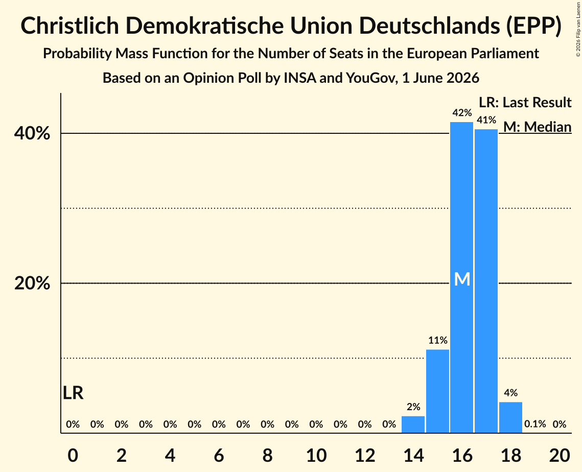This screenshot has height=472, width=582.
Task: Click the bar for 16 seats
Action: click(462, 277)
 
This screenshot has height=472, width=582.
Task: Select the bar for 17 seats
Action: click(486, 281)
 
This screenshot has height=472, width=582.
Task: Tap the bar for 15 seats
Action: click(437, 391)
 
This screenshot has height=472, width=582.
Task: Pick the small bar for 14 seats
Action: click(413, 424)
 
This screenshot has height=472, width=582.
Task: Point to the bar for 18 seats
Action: click(511, 417)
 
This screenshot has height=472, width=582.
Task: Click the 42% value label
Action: click(462, 113)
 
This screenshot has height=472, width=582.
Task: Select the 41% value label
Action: click(486, 120)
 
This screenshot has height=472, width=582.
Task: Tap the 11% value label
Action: click(438, 340)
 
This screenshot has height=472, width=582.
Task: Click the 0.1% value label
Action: click(535, 424)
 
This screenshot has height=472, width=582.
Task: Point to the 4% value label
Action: click(511, 393)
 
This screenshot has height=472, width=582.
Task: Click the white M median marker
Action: click(462, 279)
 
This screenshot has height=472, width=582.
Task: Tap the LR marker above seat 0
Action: click(73, 393)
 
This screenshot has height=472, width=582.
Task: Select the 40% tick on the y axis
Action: click(32, 133)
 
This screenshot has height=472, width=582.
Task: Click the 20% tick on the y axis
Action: click(32, 283)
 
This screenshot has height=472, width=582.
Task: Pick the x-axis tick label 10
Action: click(316, 455)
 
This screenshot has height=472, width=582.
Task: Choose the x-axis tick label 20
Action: click(560, 455)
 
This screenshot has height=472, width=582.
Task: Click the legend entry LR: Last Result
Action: click(525, 102)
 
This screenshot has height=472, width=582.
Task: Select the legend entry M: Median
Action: click(538, 127)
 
